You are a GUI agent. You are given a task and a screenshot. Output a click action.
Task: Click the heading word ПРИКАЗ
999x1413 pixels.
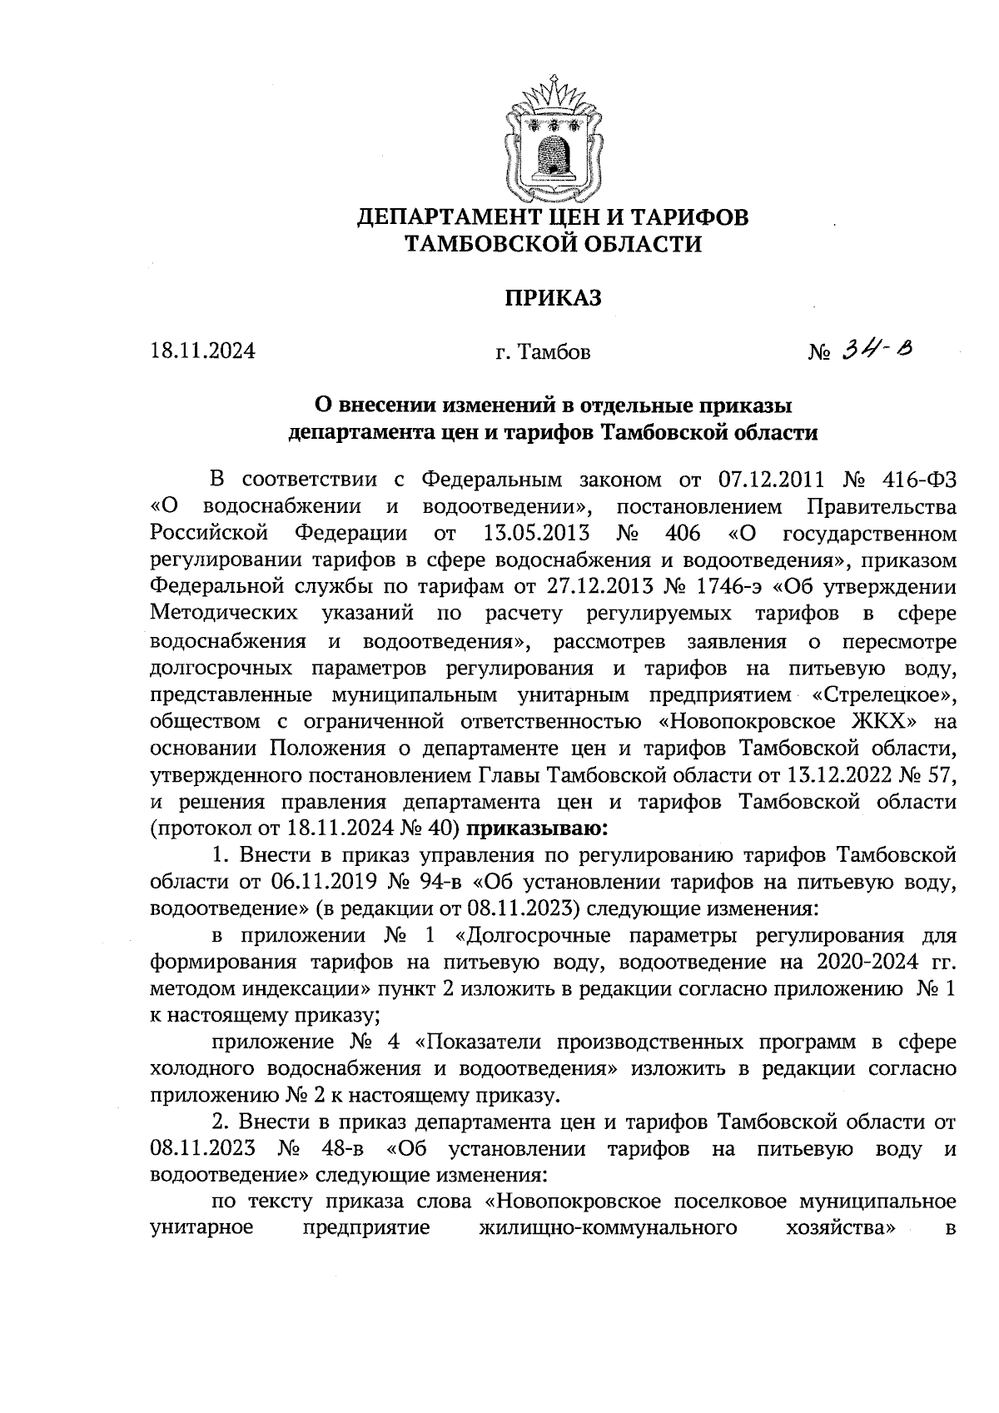(553, 299)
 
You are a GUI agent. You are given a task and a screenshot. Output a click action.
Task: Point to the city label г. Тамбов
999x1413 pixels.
(543, 352)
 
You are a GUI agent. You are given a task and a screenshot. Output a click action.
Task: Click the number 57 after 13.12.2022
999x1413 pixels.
(941, 775)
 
